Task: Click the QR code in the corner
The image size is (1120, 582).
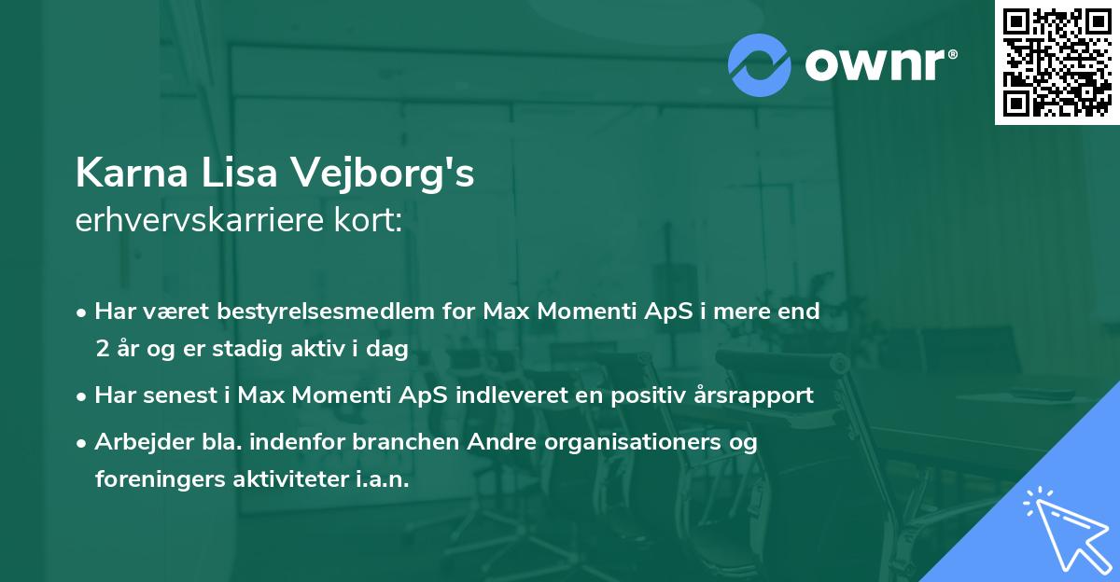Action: pyautogui.click(x=1057, y=62)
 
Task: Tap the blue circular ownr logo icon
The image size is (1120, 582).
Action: pyautogui.click(x=759, y=64)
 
